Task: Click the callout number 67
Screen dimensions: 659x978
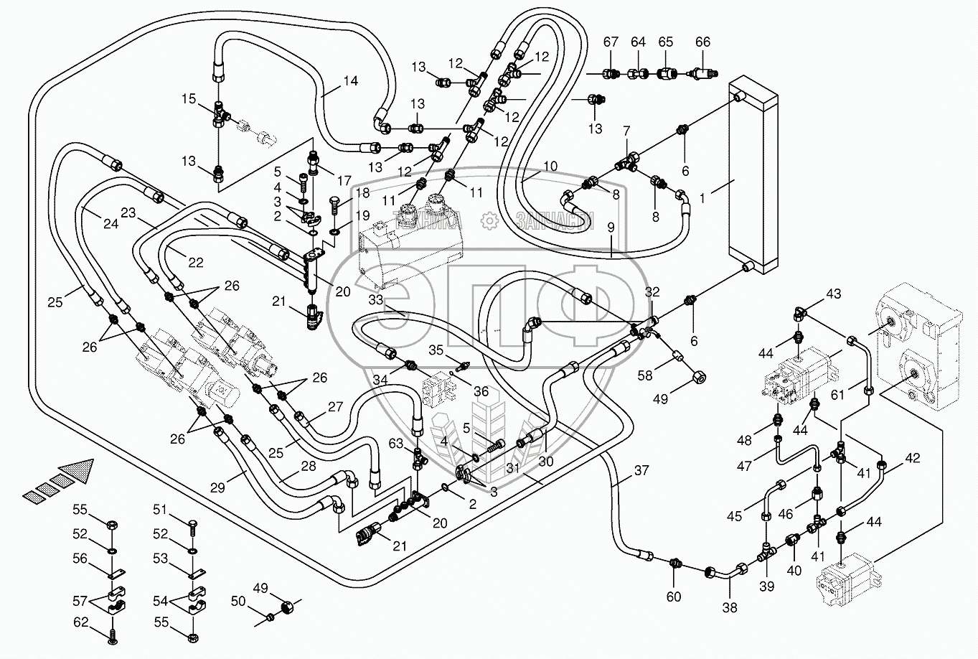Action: point(610,42)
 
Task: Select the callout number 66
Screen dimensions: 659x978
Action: point(702,42)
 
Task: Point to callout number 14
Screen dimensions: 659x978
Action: point(349,81)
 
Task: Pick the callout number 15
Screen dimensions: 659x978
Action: point(188,98)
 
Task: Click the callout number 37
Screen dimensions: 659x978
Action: point(641,471)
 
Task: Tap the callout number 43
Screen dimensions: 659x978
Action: point(833,294)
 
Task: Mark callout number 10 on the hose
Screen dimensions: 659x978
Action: point(550,167)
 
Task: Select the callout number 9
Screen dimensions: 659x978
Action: point(611,228)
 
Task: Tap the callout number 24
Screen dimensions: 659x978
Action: point(111,223)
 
